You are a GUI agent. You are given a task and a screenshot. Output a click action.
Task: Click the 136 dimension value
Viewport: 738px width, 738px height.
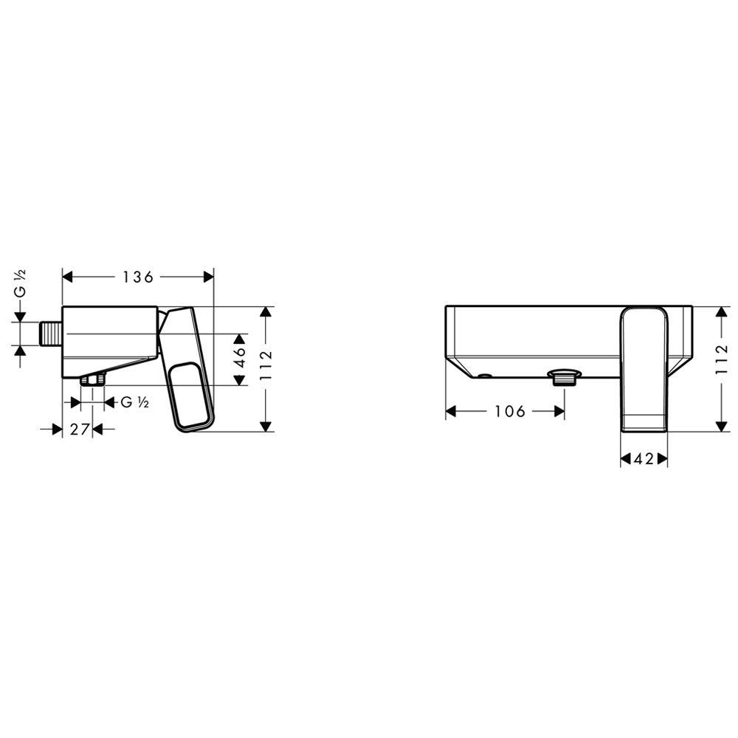point(138,277)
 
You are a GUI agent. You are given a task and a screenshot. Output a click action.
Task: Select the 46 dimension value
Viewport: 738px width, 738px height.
point(240,357)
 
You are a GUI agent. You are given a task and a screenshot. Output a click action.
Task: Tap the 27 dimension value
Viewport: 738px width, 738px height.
point(80,430)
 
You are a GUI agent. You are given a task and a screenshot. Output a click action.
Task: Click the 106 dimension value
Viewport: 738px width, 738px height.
point(510,411)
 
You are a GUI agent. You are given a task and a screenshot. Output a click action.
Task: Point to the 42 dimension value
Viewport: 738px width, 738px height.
point(644,458)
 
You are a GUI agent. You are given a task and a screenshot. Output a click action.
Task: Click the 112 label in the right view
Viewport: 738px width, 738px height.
point(722,359)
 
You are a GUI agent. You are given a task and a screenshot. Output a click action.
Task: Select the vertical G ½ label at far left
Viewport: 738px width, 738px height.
point(20,283)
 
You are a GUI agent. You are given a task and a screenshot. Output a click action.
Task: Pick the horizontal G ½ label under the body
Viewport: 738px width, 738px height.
point(135,402)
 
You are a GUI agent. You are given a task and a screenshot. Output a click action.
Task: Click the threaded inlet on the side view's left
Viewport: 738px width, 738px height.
point(50,334)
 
